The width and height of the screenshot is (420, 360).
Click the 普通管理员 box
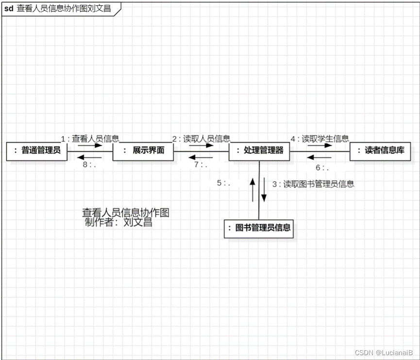pyautogui.click(x=36, y=151)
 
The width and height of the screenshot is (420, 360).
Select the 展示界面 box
pyautogui.click(x=143, y=151)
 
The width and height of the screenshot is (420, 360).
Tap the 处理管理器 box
pyautogui.click(x=259, y=151)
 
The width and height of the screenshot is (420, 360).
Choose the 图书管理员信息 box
pyautogui.click(x=259, y=228)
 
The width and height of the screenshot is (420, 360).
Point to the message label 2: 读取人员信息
pyautogui.click(x=201, y=138)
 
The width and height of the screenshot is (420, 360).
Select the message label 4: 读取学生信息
pyautogui.click(x=319, y=138)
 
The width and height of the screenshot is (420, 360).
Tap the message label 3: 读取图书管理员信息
pyautogui.click(x=313, y=184)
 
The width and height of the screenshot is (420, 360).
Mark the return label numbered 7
pyautogui.click(x=201, y=165)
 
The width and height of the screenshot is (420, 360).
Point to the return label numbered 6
pyautogui.click(x=322, y=168)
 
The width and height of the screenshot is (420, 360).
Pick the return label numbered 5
pyautogui.click(x=223, y=183)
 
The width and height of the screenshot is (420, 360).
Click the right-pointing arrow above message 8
pyautogui.click(x=90, y=145)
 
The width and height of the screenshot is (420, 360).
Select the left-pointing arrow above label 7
pyautogui.click(x=201, y=157)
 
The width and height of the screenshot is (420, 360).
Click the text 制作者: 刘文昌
pyautogui.click(x=118, y=223)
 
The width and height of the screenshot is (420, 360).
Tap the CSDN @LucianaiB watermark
pyautogui.click(x=384, y=353)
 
